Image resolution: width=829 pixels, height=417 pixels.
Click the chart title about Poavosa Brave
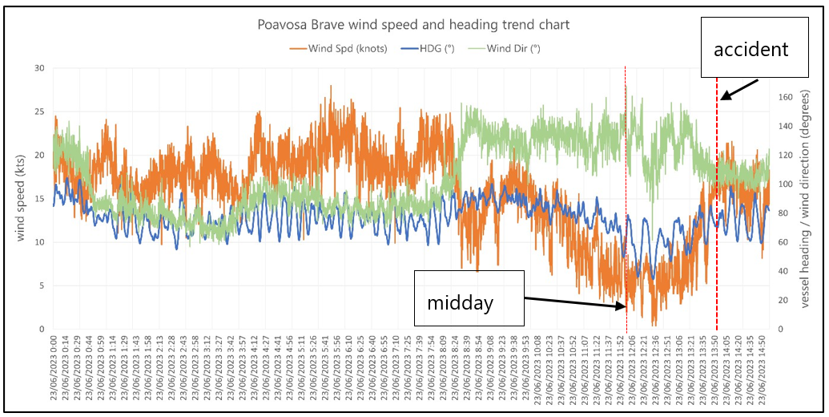(x=413, y=25)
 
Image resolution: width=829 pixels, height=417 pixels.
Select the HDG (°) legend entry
(x=433, y=48)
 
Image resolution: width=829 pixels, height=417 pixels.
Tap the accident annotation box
(x=751, y=50)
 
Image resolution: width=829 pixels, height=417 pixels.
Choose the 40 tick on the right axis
(x=786, y=272)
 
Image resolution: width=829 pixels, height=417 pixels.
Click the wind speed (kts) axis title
(x=19, y=198)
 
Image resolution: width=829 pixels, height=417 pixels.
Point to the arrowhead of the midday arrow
(x=624, y=306)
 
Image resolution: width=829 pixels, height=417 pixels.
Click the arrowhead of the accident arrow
(x=721, y=98)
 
